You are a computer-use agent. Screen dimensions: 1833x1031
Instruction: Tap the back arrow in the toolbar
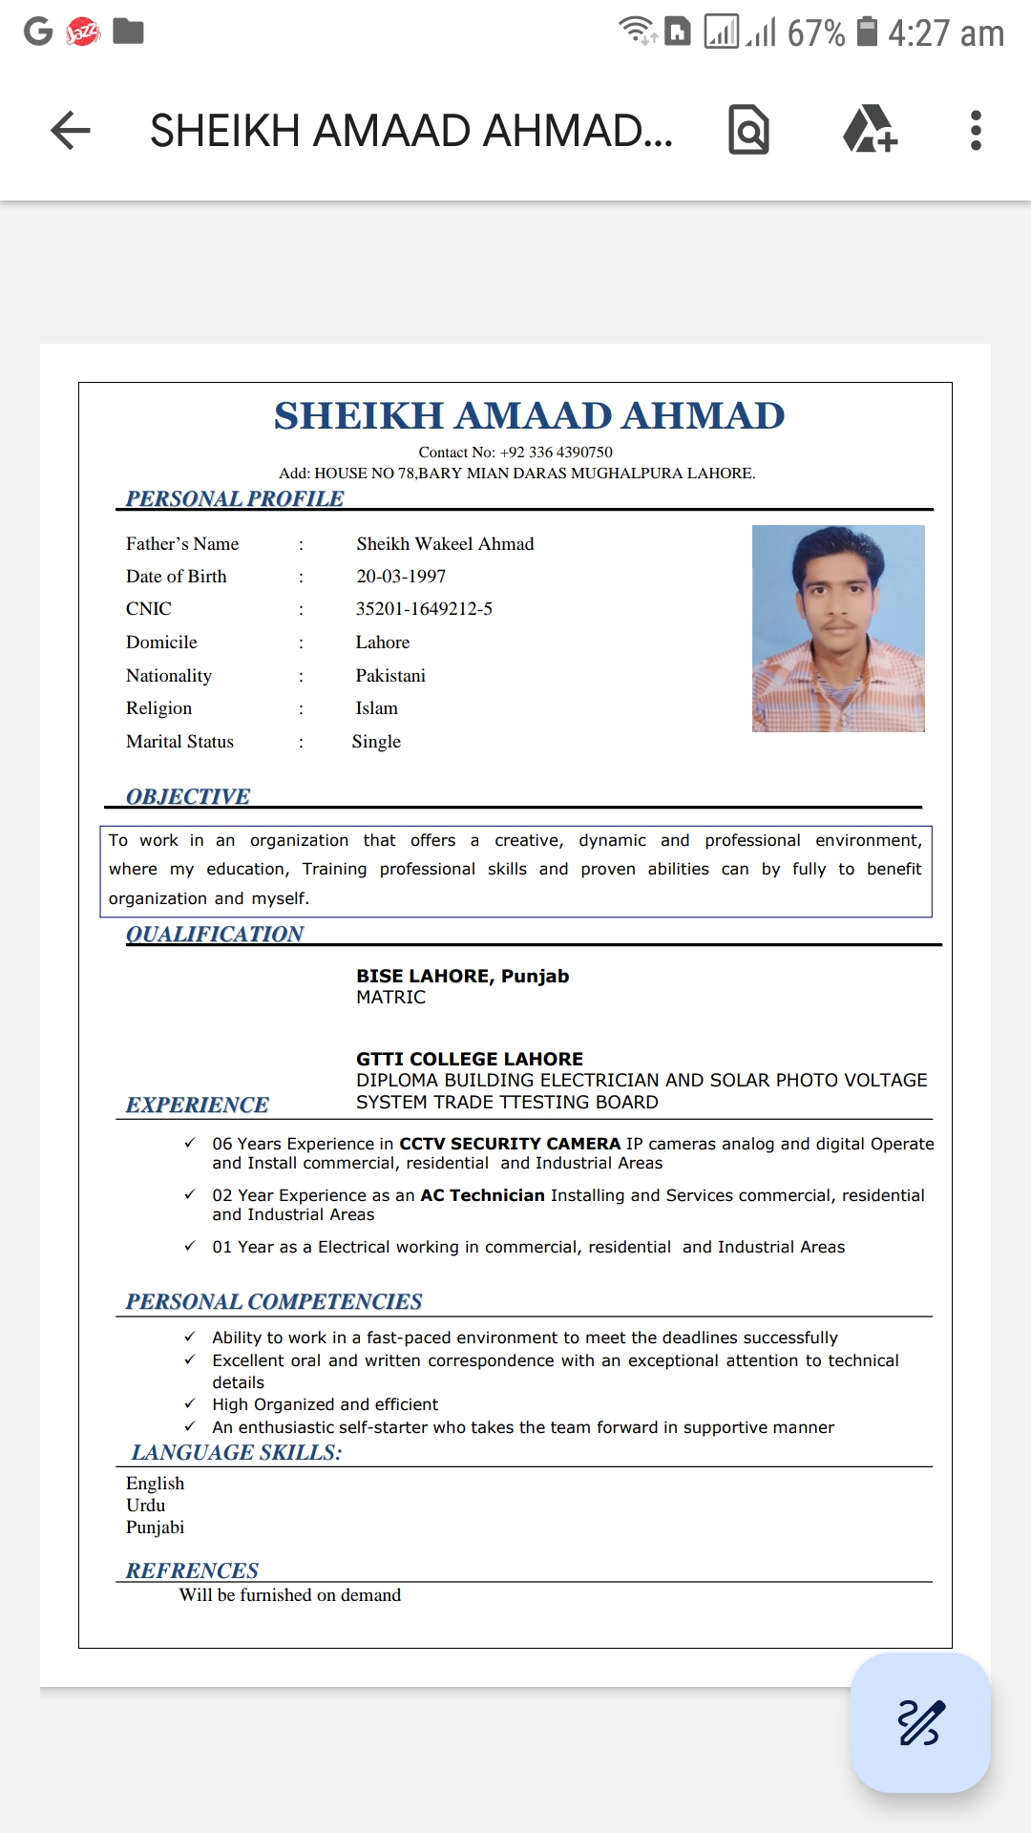pos(71,131)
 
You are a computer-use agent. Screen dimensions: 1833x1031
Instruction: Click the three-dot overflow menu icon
pos(975,131)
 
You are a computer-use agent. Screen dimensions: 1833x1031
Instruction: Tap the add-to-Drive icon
pos(869,131)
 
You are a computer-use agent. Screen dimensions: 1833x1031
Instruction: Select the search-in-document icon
pos(749,131)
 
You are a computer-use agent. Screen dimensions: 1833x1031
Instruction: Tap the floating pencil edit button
pos(919,1722)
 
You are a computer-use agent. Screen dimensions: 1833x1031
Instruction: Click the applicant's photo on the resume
pos(838,628)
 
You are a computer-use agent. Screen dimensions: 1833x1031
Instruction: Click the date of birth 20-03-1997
pos(401,577)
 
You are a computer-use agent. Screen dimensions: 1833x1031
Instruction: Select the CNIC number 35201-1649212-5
pos(424,609)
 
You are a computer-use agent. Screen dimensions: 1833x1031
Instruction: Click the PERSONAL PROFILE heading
pos(235,498)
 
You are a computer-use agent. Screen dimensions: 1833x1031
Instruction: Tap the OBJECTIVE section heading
pos(188,796)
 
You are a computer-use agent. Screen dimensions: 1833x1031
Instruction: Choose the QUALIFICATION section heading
pos(215,934)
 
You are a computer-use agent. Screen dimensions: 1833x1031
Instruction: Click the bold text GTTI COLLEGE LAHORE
pos(469,1059)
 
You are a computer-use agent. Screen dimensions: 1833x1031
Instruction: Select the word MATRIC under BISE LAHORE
pos(390,998)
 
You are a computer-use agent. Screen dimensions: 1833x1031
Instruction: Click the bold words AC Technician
pos(482,1195)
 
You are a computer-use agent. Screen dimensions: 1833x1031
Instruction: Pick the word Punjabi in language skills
pos(155,1527)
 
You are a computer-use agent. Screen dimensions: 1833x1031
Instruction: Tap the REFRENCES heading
pos(192,1570)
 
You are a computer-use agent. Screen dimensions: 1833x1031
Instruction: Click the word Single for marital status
pos(376,742)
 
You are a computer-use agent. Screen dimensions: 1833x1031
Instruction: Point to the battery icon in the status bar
pos(867,32)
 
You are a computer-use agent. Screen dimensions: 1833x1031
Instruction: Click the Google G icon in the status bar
pos(38,32)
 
